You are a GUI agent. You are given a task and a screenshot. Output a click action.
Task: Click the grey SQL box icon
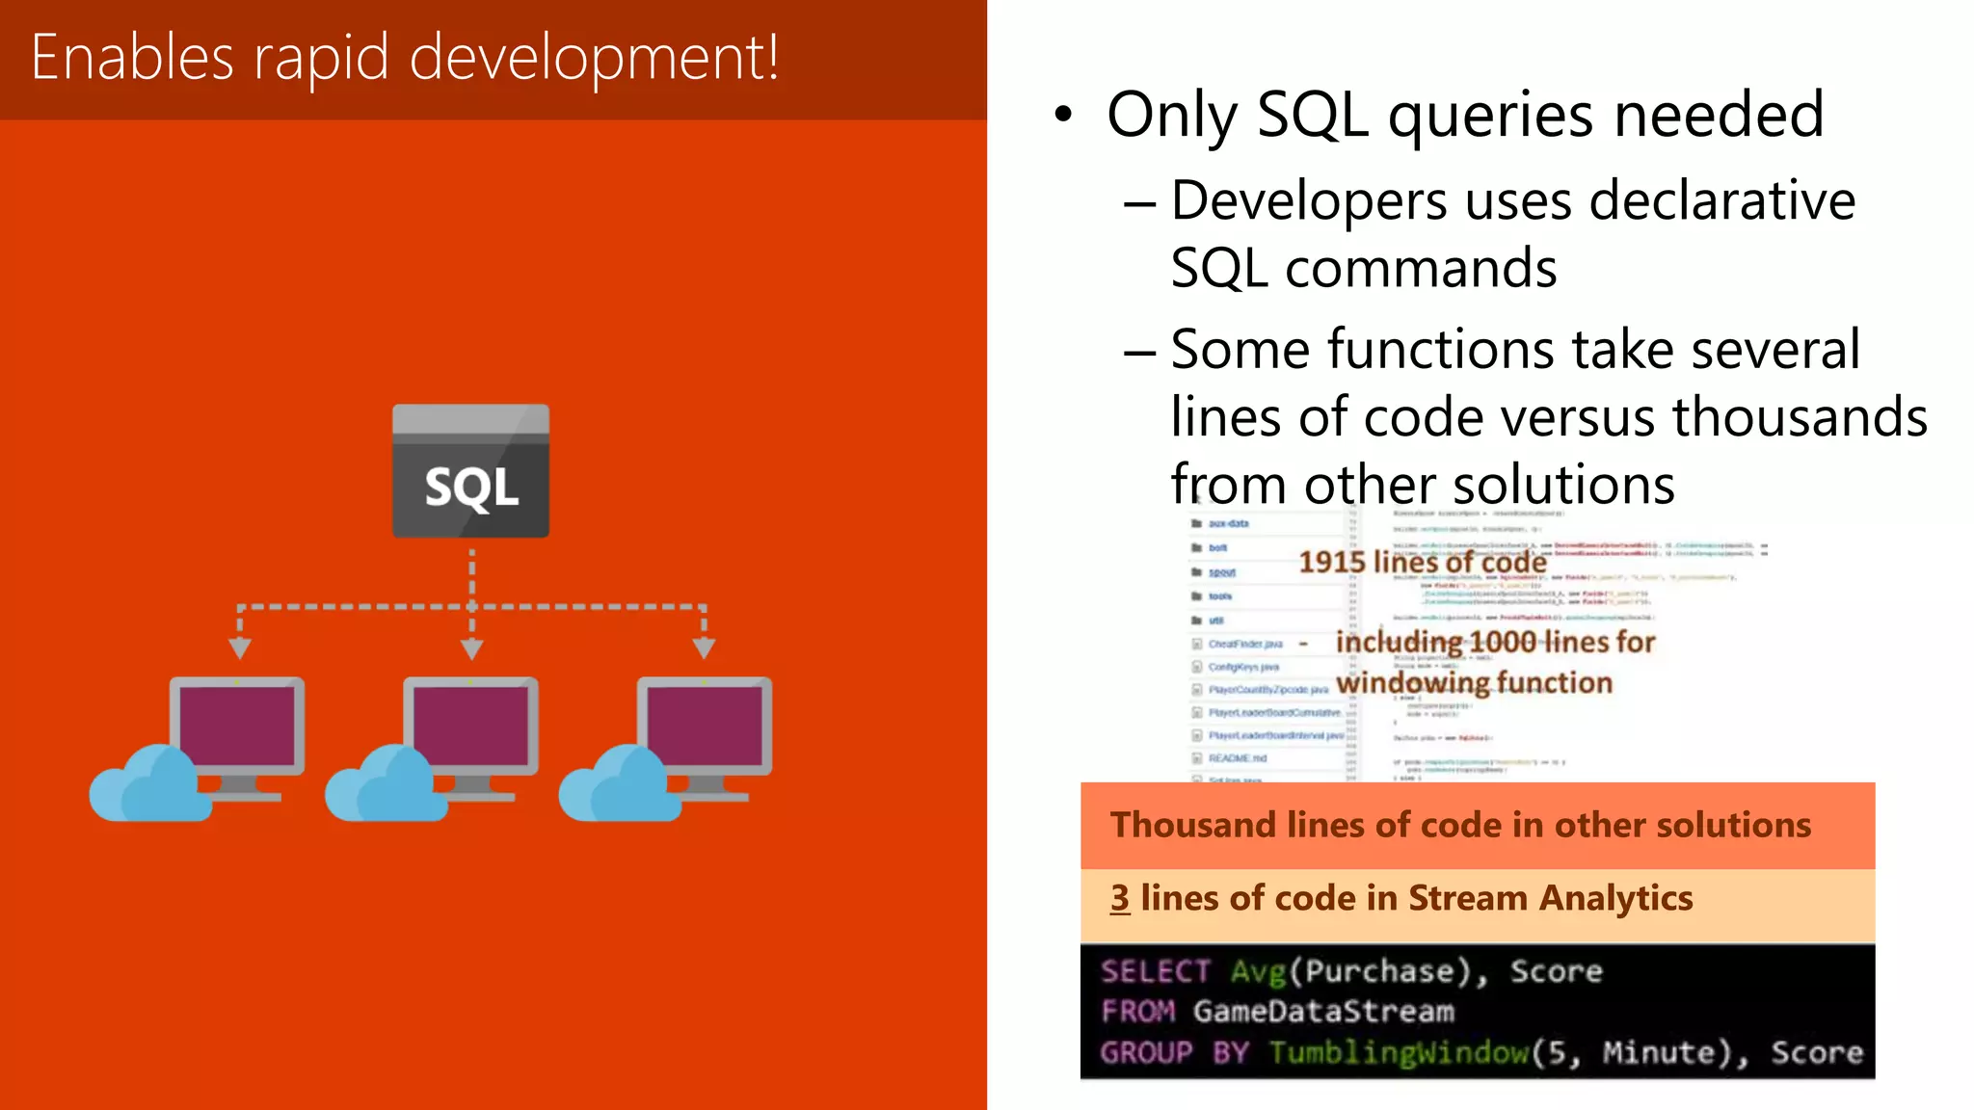(x=470, y=471)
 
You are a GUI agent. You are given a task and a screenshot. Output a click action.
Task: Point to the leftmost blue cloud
(x=149, y=785)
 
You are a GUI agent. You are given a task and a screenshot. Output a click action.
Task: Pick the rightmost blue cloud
(x=619, y=785)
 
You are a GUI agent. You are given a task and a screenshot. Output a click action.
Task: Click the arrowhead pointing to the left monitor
(x=240, y=647)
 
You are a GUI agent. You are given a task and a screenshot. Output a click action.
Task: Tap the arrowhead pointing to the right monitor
(x=705, y=647)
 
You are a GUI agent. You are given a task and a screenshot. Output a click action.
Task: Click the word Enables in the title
(x=132, y=58)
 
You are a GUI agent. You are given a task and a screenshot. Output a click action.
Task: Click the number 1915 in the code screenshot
(x=1331, y=562)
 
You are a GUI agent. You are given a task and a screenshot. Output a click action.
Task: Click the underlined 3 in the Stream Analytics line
(x=1119, y=898)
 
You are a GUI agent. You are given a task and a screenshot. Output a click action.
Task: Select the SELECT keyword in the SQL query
(x=1155, y=971)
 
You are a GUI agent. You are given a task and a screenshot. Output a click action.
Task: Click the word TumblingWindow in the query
(x=1399, y=1052)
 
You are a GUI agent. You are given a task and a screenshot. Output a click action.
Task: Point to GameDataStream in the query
(x=1323, y=1012)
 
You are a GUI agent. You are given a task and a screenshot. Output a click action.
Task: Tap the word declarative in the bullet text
(x=1721, y=201)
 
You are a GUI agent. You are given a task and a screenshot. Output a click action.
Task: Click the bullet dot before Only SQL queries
(x=1062, y=115)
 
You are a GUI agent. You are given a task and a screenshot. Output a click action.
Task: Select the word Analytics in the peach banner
(x=1615, y=899)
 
